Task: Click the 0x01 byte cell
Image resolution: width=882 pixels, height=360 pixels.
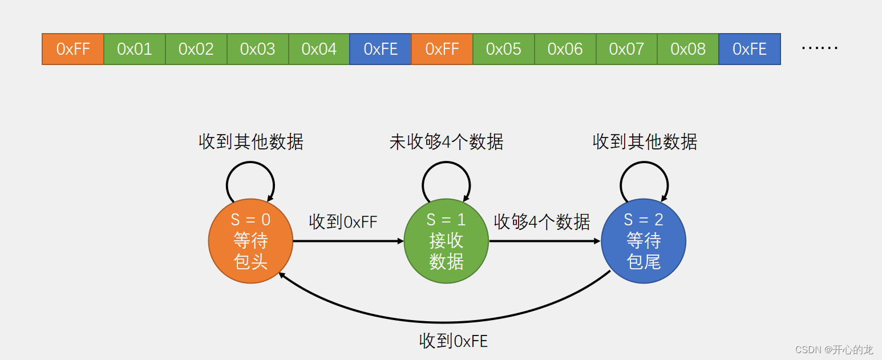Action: pos(135,49)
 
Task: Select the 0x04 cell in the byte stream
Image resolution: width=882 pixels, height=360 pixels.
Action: pos(319,49)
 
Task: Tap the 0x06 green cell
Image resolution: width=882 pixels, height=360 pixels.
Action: pos(565,49)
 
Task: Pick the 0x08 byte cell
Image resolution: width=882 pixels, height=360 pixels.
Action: pos(688,49)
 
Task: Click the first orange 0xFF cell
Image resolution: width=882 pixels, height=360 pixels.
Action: pos(73,49)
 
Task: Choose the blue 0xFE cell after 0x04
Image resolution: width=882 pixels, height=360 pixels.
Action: pos(381,49)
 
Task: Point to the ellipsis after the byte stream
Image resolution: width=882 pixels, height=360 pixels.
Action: pos(819,48)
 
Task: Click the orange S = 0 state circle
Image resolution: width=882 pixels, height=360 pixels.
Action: pos(250,241)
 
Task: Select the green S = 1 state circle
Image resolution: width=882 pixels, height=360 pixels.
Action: pos(446,241)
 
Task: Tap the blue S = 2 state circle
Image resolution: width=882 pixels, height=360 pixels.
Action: pos(644,241)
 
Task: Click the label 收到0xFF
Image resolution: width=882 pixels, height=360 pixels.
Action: pos(343,222)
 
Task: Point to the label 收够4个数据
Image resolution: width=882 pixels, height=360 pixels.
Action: pos(542,222)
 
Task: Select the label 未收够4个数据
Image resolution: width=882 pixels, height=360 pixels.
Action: pos(447,142)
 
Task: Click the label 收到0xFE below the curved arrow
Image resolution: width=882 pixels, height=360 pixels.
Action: pos(453,341)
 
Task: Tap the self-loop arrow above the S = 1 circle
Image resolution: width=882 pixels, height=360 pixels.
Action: pos(446,162)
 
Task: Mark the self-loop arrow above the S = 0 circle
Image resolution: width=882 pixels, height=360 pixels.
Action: pos(250,162)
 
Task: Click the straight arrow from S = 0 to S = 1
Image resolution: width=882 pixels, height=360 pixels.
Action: pos(349,241)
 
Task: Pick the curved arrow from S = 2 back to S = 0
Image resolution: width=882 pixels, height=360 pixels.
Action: pos(445,322)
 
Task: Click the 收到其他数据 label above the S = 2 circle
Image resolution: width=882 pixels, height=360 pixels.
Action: pos(645,142)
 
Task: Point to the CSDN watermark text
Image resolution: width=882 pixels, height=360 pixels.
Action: pos(834,349)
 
